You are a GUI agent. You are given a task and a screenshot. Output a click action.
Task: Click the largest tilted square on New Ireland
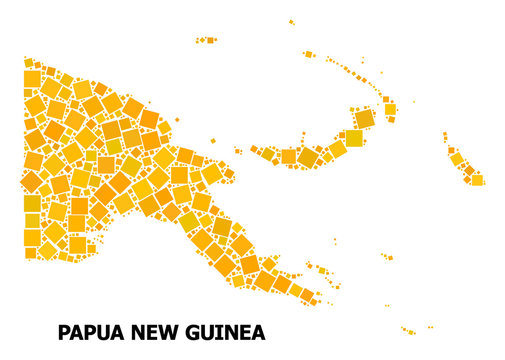365,118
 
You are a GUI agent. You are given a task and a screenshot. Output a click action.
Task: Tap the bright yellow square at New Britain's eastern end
353,138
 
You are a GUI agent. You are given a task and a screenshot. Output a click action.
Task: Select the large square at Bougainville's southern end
477,180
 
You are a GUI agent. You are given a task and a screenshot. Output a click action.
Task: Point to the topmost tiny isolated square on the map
291,21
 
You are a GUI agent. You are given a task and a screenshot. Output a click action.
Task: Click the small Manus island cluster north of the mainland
206,40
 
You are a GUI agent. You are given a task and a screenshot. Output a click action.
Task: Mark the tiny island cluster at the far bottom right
408,330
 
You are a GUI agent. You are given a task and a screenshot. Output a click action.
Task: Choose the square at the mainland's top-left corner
31,78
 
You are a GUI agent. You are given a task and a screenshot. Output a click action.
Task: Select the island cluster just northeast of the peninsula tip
324,269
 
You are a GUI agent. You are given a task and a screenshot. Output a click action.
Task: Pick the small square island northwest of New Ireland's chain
309,54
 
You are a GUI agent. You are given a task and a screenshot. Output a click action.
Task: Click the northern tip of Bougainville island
446,138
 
